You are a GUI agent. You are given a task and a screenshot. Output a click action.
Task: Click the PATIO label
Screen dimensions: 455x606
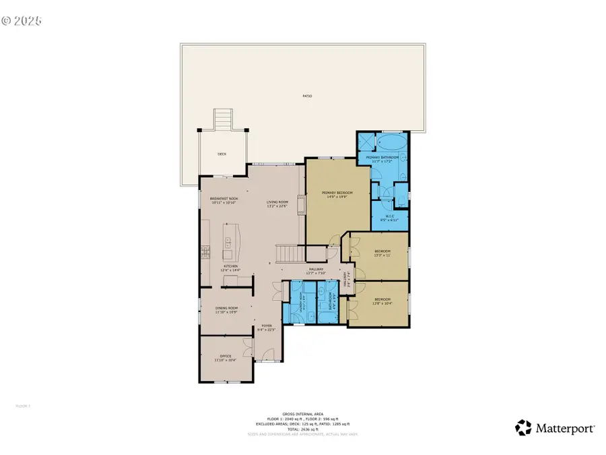click(307, 96)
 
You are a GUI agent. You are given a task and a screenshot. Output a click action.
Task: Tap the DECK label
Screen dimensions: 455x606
click(222, 154)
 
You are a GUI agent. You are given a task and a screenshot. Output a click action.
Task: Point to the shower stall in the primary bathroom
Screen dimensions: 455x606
click(366, 142)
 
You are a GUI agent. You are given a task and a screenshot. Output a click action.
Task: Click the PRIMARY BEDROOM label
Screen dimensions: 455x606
click(337, 195)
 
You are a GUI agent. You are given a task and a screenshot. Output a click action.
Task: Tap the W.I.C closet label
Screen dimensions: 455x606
click(389, 218)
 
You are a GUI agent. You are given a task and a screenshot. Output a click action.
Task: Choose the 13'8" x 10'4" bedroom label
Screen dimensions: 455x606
click(382, 301)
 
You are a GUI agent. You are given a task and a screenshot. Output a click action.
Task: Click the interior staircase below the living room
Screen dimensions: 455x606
click(291, 253)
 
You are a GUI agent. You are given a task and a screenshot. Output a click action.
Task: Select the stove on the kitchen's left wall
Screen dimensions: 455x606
click(204, 254)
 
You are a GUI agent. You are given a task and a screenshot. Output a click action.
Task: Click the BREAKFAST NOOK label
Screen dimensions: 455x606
click(224, 200)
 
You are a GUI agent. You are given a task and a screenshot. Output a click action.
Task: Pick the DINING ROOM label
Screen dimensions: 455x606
click(217, 310)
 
